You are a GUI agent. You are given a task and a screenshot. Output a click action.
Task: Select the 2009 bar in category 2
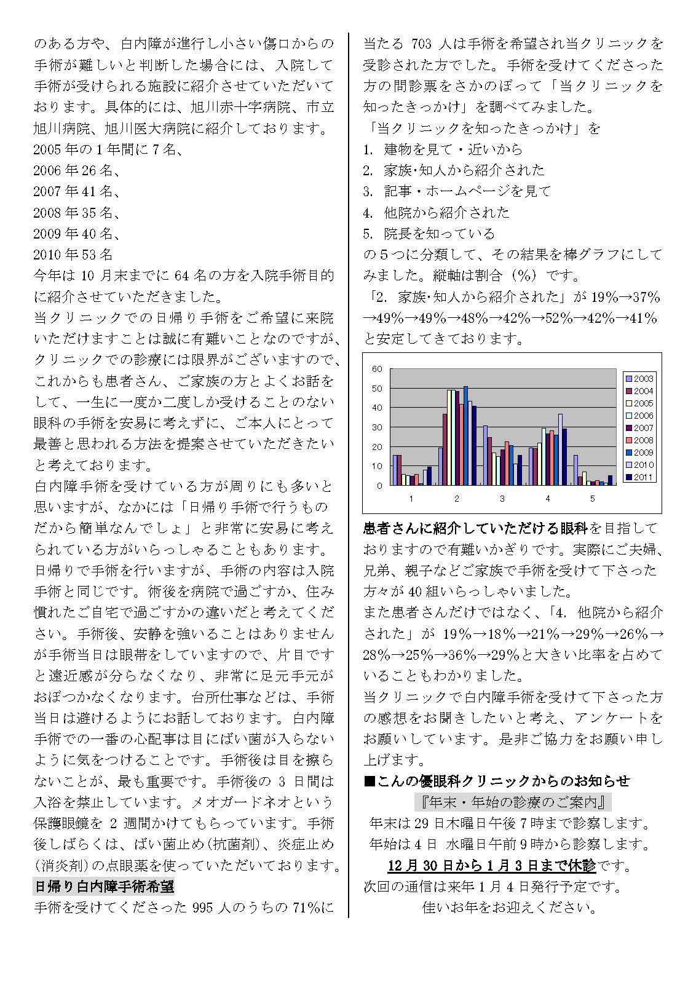click(x=465, y=436)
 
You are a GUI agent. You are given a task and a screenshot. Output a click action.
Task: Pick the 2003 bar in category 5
click(x=575, y=470)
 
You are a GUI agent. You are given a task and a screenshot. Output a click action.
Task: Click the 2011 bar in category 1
click(x=429, y=476)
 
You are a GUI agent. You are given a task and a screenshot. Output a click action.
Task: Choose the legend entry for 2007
click(x=639, y=428)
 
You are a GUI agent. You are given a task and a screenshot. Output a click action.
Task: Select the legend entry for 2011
click(x=639, y=477)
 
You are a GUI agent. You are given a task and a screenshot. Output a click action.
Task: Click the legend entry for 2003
click(x=639, y=379)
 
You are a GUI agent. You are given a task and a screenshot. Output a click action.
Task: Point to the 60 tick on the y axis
click(x=377, y=369)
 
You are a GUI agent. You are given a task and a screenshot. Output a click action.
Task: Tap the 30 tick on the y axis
click(x=377, y=427)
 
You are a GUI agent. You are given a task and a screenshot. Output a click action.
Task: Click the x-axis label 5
click(x=593, y=499)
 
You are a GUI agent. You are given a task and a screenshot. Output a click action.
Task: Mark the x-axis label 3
click(x=502, y=499)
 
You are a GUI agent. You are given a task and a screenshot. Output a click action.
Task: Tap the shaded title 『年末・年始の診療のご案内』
click(x=513, y=802)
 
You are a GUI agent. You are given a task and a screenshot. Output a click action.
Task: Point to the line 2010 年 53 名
click(x=73, y=255)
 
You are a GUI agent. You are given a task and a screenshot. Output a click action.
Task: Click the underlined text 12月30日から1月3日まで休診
click(x=492, y=866)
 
